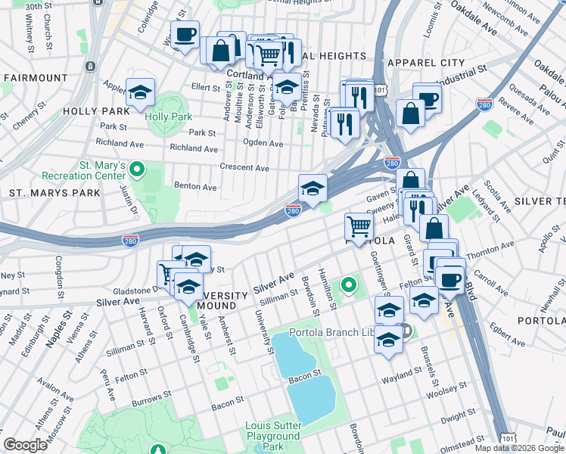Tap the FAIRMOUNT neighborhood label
click(x=36, y=78)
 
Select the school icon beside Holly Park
click(x=141, y=94)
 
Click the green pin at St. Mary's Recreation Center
click(x=137, y=169)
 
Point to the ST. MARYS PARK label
click(x=54, y=193)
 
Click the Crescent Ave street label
click(x=244, y=167)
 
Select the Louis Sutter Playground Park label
click(x=272, y=436)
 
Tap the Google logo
click(x=25, y=445)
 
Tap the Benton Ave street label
click(x=195, y=186)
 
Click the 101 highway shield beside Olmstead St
click(x=508, y=438)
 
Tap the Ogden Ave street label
click(x=263, y=143)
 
